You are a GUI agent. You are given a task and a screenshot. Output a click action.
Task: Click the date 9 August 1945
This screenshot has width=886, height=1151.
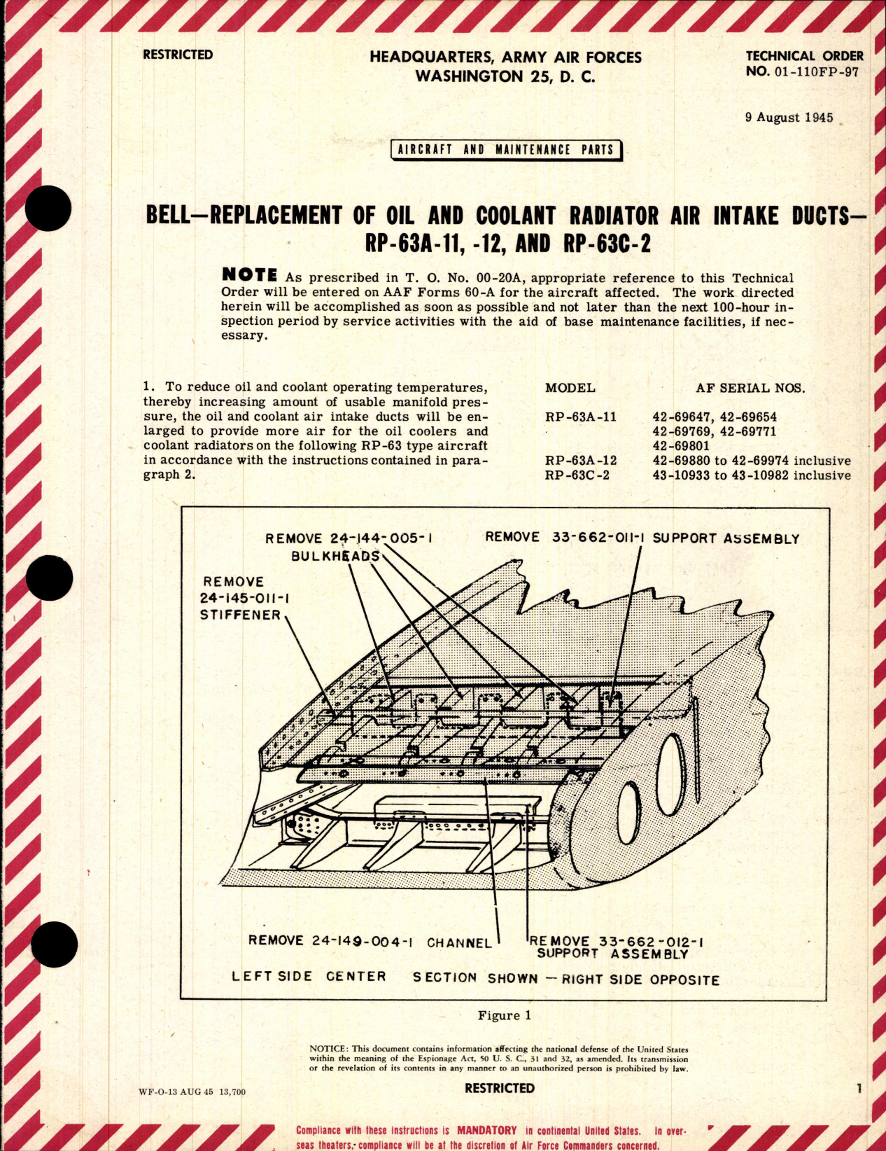coord(789,118)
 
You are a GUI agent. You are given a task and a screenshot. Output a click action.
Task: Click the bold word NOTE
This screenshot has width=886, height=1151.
coord(249,275)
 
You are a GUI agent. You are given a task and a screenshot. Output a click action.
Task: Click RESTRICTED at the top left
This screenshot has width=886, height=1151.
coord(178,55)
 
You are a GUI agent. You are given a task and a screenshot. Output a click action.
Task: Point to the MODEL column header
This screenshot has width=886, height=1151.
coord(570,388)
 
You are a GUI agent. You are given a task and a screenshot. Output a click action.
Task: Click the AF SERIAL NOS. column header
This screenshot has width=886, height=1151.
coord(750,388)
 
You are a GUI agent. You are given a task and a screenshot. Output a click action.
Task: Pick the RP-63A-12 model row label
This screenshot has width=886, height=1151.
coord(581,461)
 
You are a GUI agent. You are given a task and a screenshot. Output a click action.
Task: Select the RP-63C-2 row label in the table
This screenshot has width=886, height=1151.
coord(577,475)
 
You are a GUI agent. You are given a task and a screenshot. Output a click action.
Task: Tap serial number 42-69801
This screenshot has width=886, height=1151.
coord(680,446)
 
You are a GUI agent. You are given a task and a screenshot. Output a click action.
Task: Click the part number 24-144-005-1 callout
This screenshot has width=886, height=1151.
coord(379,538)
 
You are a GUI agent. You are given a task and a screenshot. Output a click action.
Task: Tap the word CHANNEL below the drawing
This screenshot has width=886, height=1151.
coord(459,942)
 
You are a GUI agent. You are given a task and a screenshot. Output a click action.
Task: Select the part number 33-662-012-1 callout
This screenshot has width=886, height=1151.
coord(647,942)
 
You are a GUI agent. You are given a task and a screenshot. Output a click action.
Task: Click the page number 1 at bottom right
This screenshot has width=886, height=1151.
coord(859,1088)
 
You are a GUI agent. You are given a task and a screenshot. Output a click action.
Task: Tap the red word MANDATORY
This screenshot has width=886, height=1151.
coord(487,1130)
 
